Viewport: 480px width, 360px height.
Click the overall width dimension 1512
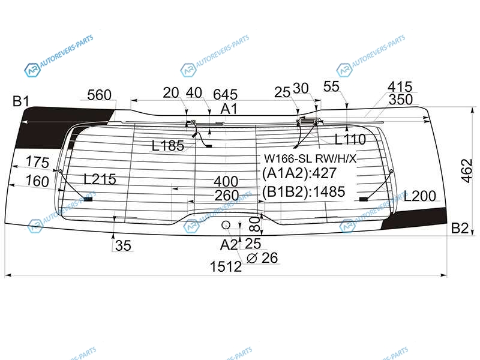pos(226,266)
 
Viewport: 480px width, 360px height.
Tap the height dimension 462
pos(467,171)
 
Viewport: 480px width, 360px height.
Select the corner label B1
pos(21,101)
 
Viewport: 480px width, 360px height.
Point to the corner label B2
pos(460,228)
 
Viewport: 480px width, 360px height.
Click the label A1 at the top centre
pos(229,109)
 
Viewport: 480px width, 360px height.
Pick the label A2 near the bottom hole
pos(229,245)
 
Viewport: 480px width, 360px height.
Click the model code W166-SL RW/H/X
pos(310,158)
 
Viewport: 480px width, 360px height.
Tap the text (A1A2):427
pos(299,173)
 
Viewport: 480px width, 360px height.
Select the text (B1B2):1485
pos(304,191)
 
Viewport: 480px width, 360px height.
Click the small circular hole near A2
pos(226,225)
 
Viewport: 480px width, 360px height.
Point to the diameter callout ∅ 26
pos(262,258)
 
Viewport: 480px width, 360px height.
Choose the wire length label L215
pos(100,179)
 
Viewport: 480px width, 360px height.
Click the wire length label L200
pos(419,196)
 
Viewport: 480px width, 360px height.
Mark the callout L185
pos(168,146)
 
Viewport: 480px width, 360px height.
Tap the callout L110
pos(350,139)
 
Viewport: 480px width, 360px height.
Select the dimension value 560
pos(99,95)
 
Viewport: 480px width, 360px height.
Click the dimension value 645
pos(226,94)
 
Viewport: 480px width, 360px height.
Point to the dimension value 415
pos(400,86)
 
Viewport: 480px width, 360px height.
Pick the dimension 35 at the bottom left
pos(123,245)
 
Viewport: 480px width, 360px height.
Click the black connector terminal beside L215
pos(88,199)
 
